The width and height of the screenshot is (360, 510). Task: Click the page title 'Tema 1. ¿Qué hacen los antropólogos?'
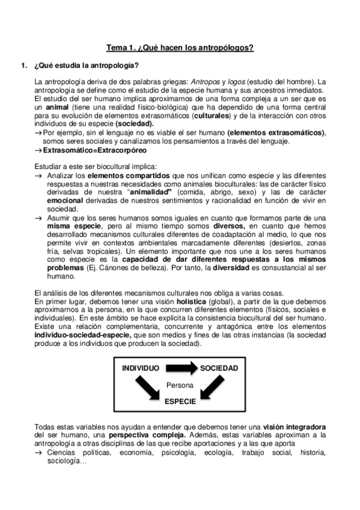[x=180, y=48]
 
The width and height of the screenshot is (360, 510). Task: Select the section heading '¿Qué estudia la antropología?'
[x=87, y=66]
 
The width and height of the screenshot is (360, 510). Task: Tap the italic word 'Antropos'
[x=207, y=82]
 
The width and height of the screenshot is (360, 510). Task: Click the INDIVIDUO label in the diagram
[x=141, y=367]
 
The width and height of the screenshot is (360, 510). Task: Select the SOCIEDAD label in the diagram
[x=219, y=367]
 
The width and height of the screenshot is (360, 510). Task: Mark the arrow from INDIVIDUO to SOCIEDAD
[x=181, y=367]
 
